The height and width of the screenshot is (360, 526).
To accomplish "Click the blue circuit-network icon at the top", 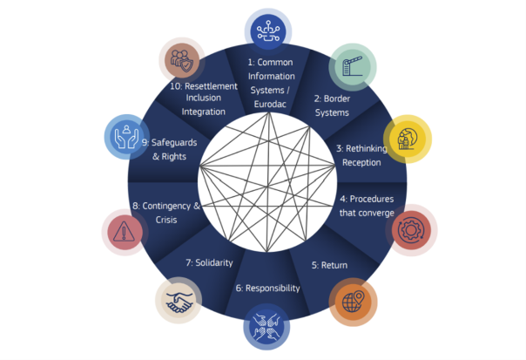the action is coord(268,32).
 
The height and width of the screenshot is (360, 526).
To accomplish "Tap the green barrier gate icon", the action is coord(352,67).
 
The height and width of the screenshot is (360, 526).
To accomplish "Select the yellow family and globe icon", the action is coord(408,139).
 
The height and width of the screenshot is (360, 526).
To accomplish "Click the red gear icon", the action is coord(411,230).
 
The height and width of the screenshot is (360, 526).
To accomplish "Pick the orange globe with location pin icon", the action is coord(353,302).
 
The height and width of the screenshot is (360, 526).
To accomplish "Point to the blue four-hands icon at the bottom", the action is coord(266,326).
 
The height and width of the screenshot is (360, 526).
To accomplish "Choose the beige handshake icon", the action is coord(179,300).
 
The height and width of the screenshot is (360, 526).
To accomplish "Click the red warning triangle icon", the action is coord(125,232).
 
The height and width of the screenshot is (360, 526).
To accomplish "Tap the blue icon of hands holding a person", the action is coord(127,137).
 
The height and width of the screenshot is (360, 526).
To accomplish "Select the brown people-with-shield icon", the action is coord(182,60).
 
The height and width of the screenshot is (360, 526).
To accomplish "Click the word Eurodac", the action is coord(270,104).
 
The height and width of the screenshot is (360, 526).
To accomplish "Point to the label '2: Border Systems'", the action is coord(332,105).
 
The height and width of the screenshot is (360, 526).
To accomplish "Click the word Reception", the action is coord(361,162).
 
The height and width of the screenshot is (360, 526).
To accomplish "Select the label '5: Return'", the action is coord(329,265).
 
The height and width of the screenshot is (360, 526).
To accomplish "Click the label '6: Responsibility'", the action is coord(267,289).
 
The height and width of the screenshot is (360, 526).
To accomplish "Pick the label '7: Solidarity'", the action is coord(209,262).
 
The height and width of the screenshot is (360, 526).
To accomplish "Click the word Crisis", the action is coord(166,220).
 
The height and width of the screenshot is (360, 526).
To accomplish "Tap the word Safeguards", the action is coord(174,142).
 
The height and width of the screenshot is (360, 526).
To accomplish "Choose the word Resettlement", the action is coord(211,86).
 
